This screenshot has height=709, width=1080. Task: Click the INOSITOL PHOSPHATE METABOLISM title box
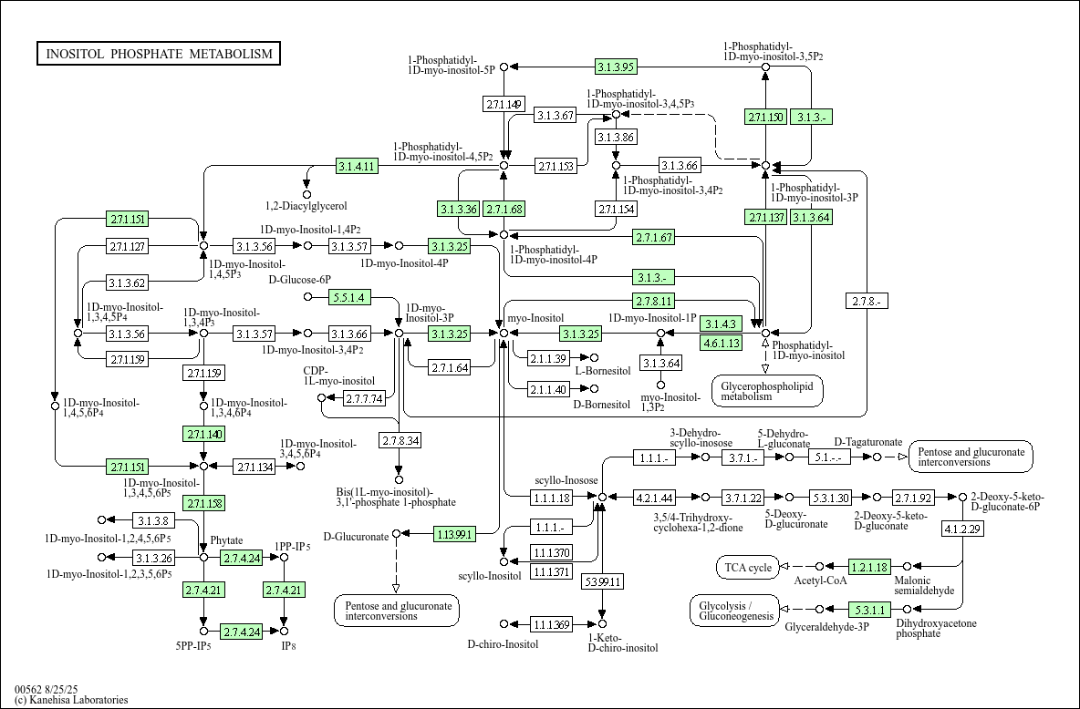click(x=159, y=54)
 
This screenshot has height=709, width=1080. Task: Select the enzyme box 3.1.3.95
click(x=616, y=66)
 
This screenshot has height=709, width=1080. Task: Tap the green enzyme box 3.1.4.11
click(x=357, y=166)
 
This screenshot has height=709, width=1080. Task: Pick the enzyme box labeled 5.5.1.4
click(x=348, y=297)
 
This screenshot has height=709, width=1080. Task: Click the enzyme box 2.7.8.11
click(x=654, y=301)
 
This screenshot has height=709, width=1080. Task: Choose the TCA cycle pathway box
click(x=748, y=567)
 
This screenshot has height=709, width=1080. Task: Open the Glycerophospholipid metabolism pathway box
click(x=766, y=391)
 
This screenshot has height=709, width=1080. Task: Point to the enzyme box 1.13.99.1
click(x=454, y=534)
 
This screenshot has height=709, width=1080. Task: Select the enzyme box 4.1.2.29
click(x=961, y=529)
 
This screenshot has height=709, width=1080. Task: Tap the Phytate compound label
click(x=226, y=541)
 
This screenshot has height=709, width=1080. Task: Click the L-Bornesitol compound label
click(x=603, y=371)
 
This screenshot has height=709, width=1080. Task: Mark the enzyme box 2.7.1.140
click(x=203, y=434)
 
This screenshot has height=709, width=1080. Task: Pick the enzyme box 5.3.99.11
click(x=603, y=581)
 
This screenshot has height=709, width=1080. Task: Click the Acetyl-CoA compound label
click(x=820, y=581)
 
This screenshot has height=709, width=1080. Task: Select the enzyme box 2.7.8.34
click(x=399, y=441)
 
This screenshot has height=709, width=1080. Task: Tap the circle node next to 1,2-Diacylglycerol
click(x=306, y=194)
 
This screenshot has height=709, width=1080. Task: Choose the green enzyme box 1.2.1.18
click(x=869, y=567)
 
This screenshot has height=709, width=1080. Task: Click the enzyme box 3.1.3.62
click(x=128, y=283)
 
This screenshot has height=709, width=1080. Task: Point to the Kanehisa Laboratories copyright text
click(x=71, y=700)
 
